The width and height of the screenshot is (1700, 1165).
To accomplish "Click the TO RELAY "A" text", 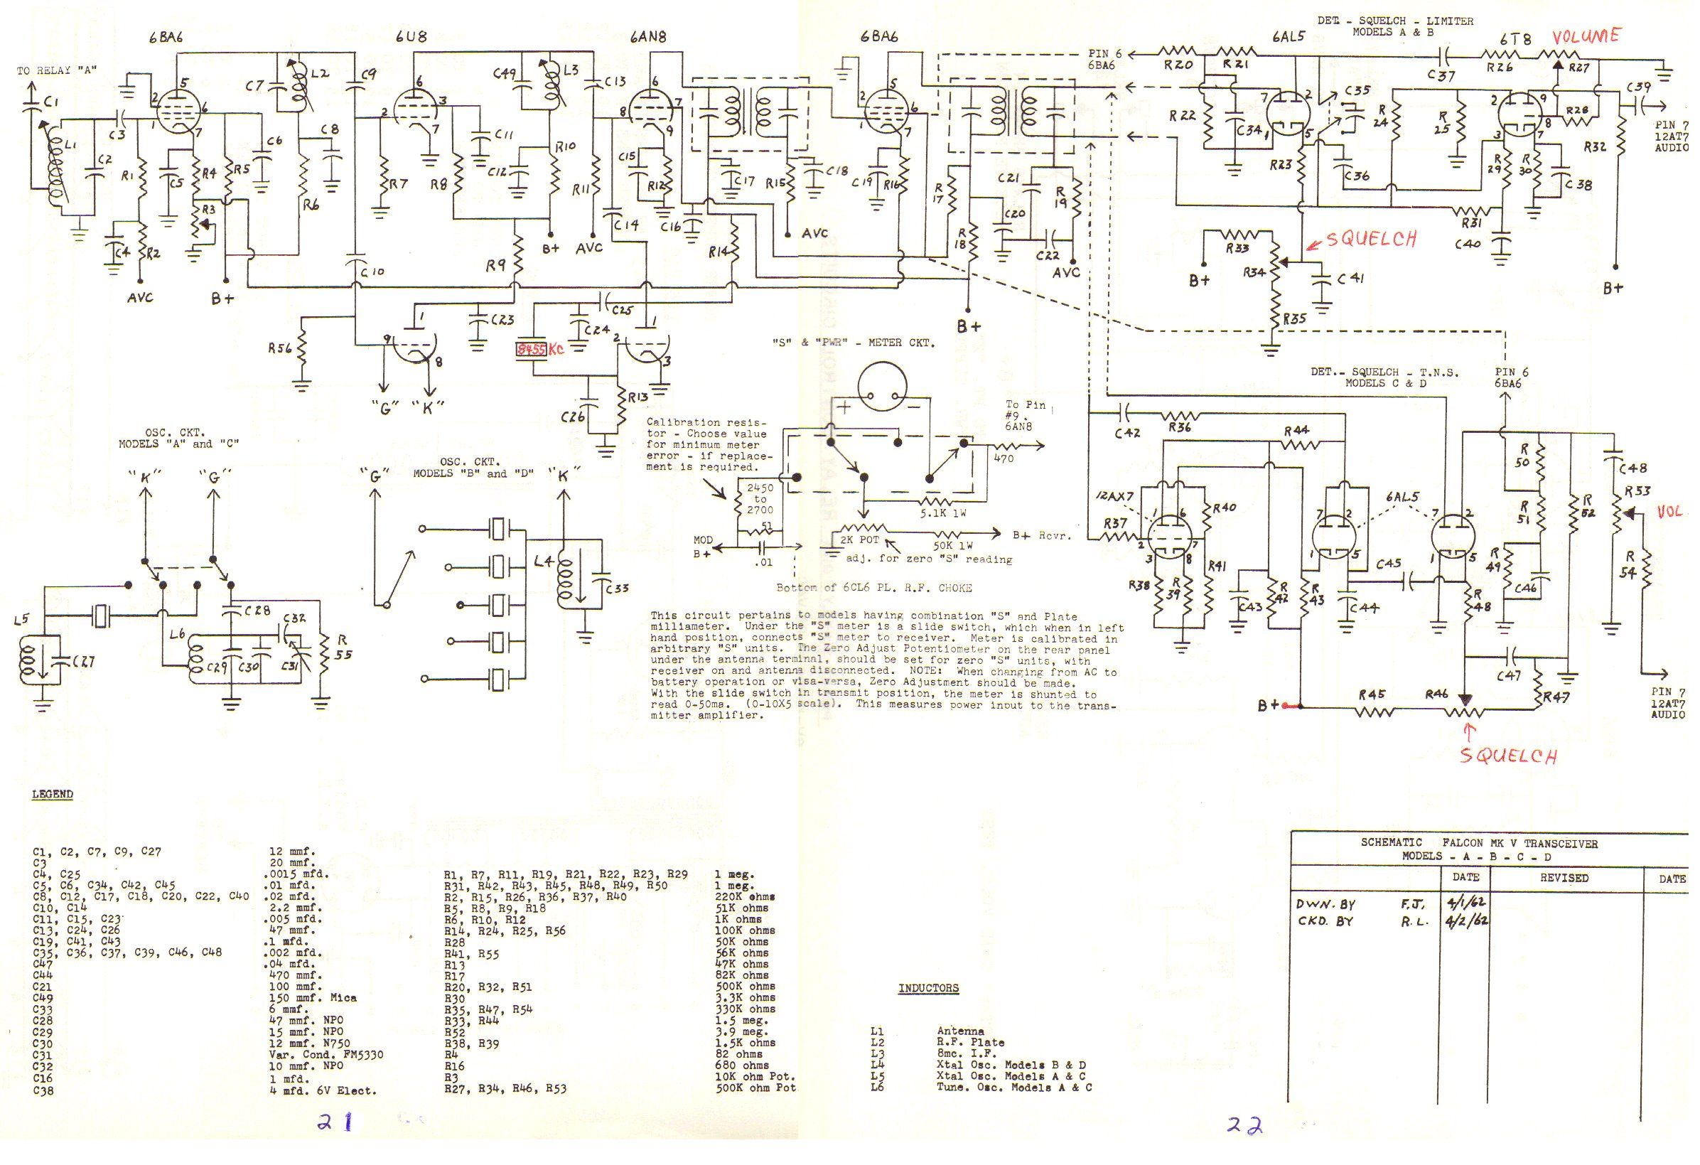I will pyautogui.click(x=57, y=71).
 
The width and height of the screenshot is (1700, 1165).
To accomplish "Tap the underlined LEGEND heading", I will pyautogui.click(x=53, y=794).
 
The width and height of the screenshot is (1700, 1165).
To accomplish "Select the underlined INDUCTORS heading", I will pyautogui.click(x=928, y=988).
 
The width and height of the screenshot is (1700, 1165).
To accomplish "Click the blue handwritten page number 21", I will pyautogui.click(x=335, y=1122).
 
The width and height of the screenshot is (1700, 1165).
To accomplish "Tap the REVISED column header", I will pyautogui.click(x=1564, y=878).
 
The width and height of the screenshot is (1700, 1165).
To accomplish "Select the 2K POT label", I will pyautogui.click(x=859, y=540).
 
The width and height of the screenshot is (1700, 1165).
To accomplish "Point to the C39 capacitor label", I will pyautogui.click(x=1637, y=88).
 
